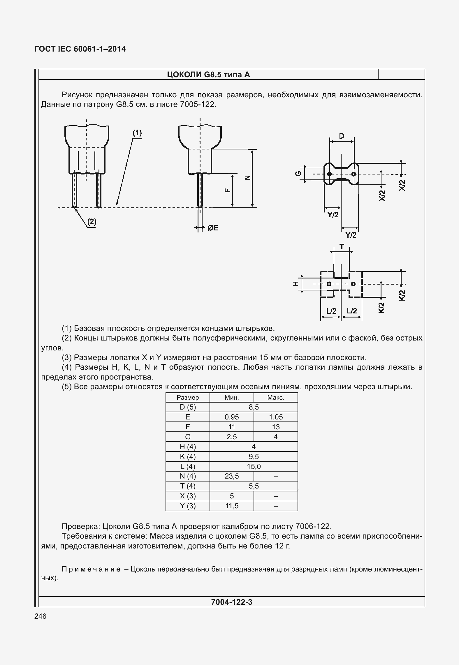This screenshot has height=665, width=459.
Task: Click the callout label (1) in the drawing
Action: (137, 133)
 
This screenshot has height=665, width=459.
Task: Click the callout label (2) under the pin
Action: (92, 222)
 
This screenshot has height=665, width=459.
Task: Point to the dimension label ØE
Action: (212, 228)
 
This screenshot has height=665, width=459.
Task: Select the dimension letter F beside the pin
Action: (227, 190)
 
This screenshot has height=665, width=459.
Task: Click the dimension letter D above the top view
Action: (342, 136)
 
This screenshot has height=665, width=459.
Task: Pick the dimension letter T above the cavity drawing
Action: (342, 247)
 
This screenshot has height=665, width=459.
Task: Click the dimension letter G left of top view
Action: (298, 174)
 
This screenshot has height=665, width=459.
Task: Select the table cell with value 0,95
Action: (232, 417)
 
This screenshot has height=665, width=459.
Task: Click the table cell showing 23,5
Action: (232, 476)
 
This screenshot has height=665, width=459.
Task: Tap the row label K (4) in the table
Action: (188, 456)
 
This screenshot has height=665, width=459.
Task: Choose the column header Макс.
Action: (275, 397)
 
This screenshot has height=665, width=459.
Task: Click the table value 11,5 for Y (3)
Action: (232, 506)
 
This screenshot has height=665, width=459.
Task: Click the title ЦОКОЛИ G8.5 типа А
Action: (208, 75)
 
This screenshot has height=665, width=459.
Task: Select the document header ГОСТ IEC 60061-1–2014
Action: (80, 49)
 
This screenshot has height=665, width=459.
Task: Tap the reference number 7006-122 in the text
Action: (313, 526)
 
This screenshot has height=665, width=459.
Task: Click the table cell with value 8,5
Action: (254, 407)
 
